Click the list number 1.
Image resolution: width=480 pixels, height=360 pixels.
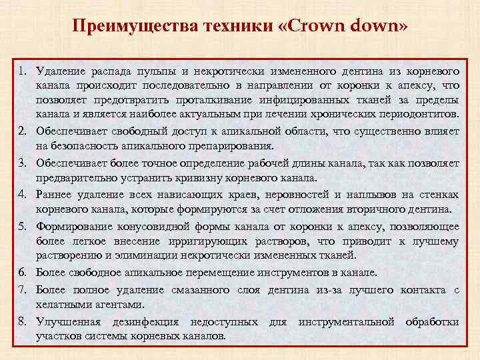[22, 71]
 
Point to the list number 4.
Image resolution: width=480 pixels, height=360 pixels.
[22, 194]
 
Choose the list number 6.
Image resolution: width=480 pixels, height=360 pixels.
[22, 273]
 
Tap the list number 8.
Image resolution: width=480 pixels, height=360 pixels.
[22, 322]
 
